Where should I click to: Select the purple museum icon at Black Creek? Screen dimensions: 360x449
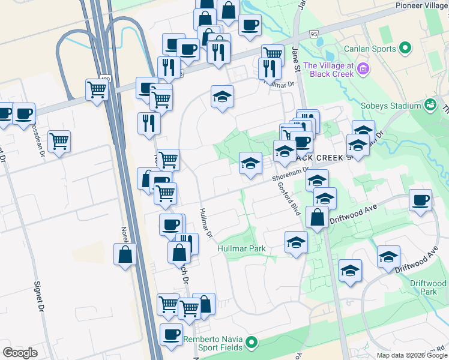pyautogui.click(x=362, y=70)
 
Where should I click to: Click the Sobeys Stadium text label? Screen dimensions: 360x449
pyautogui.click(x=391, y=106)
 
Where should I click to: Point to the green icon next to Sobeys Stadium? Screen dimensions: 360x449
pyautogui.click(x=430, y=105)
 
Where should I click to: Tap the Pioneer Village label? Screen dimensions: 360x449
pyautogui.click(x=421, y=5)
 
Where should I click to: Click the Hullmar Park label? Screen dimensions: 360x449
pyautogui.click(x=241, y=248)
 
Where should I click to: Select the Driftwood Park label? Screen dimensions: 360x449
pyautogui.click(x=428, y=287)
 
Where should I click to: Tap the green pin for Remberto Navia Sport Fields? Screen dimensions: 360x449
pyautogui.click(x=252, y=343)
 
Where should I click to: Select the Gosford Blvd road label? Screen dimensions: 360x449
pyautogui.click(x=289, y=199)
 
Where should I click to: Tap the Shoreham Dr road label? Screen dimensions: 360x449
pyautogui.click(x=289, y=173)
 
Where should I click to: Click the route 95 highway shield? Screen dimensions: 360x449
pyautogui.click(x=314, y=34)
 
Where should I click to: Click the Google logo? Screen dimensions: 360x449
pyautogui.click(x=20, y=353)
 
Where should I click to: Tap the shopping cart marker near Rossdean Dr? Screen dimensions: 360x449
pyautogui.click(x=59, y=142)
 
